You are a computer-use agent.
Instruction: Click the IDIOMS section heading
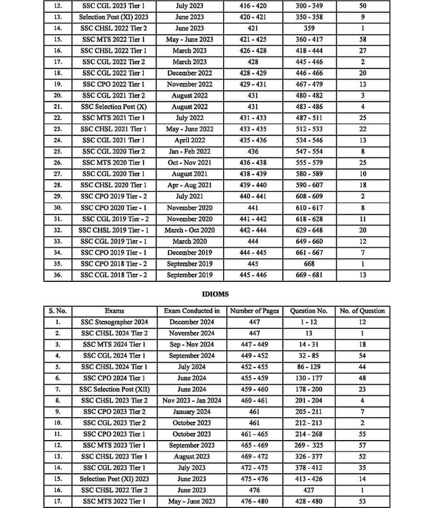pos(217,295)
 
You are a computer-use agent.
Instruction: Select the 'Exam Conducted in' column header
pos(192,311)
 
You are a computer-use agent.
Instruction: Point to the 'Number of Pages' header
pos(254,311)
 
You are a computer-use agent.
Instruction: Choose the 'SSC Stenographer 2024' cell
pos(114,322)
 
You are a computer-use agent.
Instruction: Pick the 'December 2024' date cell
pos(192,322)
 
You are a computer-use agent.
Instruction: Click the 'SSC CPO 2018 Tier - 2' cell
pos(114,264)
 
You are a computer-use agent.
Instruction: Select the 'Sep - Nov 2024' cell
pos(192,344)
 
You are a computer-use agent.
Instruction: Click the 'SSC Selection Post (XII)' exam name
pos(114,389)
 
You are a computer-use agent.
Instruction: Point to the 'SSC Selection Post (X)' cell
pos(114,107)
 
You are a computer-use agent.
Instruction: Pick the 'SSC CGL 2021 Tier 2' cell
pos(114,95)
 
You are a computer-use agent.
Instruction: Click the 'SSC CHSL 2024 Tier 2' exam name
pos(114,333)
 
